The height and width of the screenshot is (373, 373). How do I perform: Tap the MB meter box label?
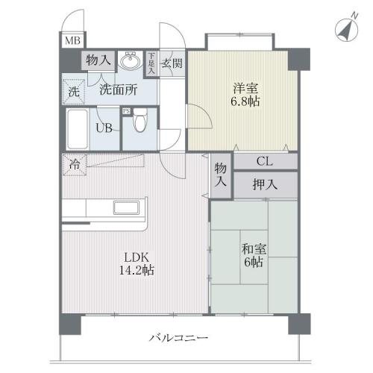[x=72, y=42]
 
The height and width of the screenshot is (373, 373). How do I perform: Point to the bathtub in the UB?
[x=78, y=130]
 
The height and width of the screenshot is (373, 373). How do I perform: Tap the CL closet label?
[x=264, y=161]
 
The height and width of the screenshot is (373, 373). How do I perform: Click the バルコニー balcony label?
[x=178, y=338]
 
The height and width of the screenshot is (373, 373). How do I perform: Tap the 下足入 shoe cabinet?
[x=151, y=60]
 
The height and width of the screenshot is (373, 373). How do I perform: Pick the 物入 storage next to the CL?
[x=221, y=175]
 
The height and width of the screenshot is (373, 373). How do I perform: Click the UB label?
[x=104, y=127]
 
